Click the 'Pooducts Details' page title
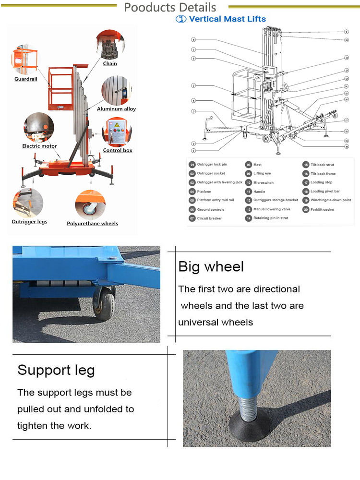point(170,8)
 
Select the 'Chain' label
point(110,63)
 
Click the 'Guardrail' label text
point(25,79)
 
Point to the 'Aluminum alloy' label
point(116,109)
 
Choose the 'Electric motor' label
point(39,146)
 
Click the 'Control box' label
point(118,150)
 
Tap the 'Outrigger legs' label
point(29,222)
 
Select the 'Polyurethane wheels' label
point(92,223)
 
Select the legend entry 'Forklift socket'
point(322,209)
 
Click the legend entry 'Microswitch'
point(263,183)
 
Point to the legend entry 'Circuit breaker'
point(209,218)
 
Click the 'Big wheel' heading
point(211,267)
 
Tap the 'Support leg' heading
point(56,370)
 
